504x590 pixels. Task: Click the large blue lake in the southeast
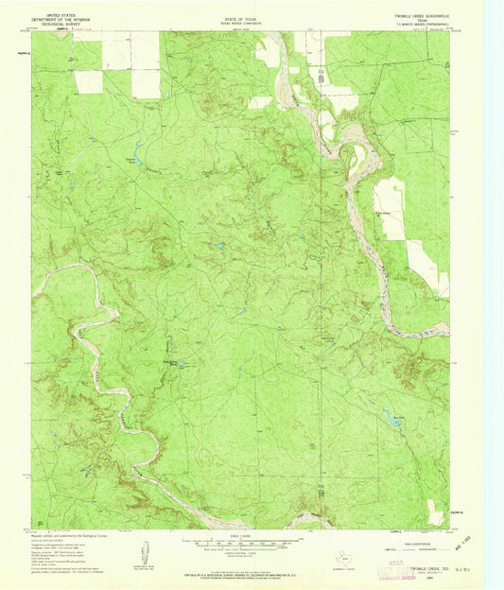pos(387,416)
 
